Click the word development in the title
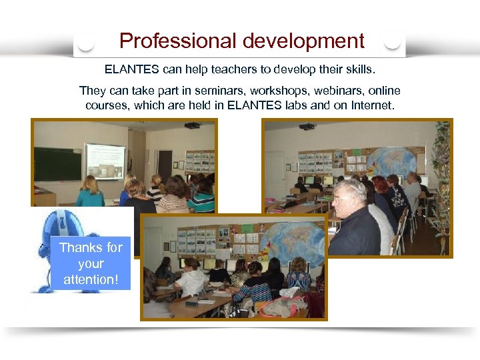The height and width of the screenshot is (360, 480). pos(303,41)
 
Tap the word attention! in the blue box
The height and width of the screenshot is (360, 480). pos(91,279)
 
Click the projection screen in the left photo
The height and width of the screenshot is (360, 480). pos(105,161)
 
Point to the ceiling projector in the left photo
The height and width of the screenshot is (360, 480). pos(192,125)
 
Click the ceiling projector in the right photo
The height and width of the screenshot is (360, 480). pos(307,126)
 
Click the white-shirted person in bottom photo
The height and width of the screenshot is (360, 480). pos(193,279)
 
